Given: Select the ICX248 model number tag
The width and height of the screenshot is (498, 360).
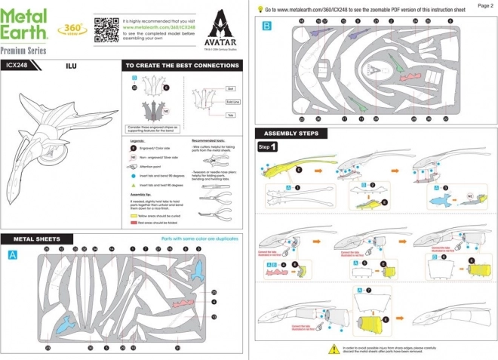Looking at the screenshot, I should [20, 66].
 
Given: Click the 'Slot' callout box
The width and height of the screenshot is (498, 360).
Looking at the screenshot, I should [230, 88].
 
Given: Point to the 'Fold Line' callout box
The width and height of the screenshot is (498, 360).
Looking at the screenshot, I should [232, 103].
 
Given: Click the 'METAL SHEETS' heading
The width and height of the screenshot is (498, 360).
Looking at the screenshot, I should [35, 239].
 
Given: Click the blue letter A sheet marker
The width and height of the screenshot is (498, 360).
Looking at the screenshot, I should [13, 256].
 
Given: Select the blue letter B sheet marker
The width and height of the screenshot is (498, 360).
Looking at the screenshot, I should [266, 26].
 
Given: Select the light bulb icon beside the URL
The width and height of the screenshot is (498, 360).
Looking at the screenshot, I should [260, 10].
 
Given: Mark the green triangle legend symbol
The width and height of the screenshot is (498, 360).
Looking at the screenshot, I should [133, 184].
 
